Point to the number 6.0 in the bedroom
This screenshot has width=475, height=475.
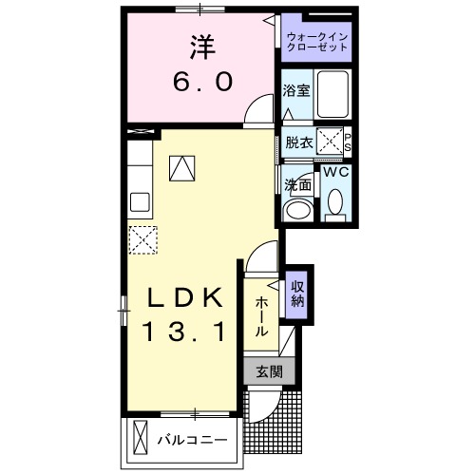pos(202,83)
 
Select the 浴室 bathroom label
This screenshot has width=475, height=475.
pos(294,92)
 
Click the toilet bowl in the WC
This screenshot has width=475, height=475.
pos(334,201)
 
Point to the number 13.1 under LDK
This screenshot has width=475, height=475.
pos(184,332)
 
